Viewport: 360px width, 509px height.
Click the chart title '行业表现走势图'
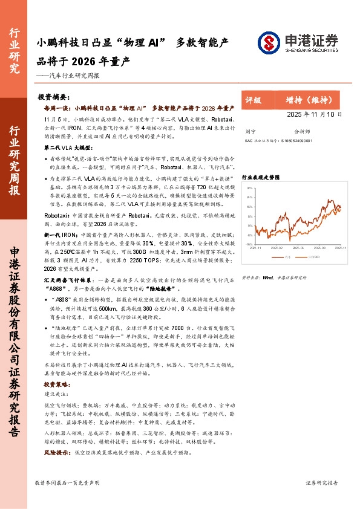[x=261, y=178]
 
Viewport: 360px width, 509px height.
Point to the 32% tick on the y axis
[x=249, y=188]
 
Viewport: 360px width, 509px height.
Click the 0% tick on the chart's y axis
[x=249, y=226]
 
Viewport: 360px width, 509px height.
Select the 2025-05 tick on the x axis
[x=298, y=247]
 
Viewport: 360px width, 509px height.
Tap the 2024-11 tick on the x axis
[x=257, y=247]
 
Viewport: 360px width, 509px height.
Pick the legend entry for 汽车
[x=287, y=256]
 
